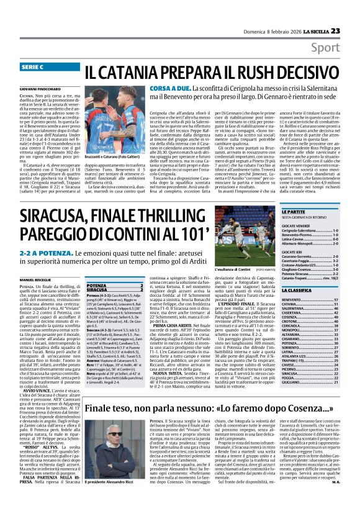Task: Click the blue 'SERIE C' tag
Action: (37, 66)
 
